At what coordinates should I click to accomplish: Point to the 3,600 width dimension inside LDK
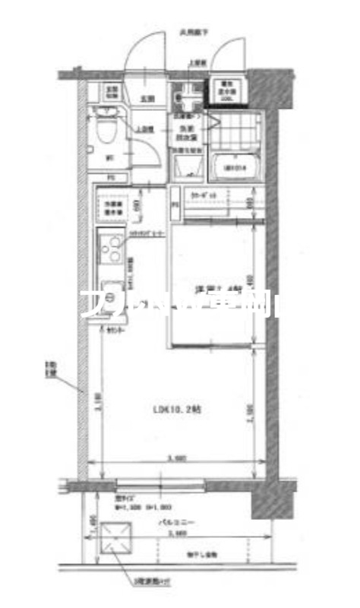pos(176,459)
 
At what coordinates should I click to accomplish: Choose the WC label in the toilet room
pos(108,158)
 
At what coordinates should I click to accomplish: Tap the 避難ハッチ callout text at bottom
pos(146,581)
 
